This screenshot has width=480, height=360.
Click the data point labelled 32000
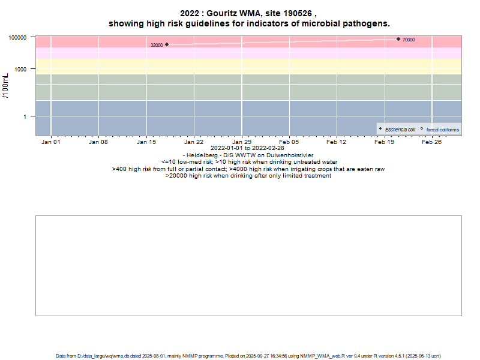(x=167, y=44)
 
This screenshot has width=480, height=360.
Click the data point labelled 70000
(x=398, y=39)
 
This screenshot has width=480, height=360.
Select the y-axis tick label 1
(x=25, y=116)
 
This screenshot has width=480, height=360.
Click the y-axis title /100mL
(x=6, y=85)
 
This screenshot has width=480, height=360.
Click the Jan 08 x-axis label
(x=98, y=142)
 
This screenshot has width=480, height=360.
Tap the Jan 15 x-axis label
(x=146, y=142)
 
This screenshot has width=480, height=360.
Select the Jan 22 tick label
(x=194, y=142)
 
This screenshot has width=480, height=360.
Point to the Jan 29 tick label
(x=242, y=142)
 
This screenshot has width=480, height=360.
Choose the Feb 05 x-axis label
(x=289, y=142)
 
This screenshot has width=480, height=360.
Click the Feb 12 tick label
(x=337, y=142)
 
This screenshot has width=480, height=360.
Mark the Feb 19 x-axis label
(x=385, y=142)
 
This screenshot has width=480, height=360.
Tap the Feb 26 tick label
(x=432, y=142)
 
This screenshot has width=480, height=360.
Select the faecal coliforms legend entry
(x=442, y=130)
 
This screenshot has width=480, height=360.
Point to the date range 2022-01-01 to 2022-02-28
(x=248, y=148)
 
